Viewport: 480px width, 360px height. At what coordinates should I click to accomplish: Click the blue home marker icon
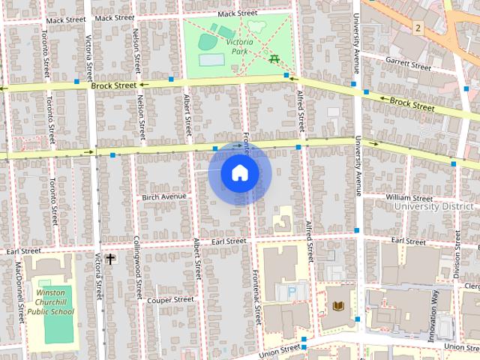pos(239,173)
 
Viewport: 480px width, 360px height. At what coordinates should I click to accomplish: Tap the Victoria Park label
pos(240,46)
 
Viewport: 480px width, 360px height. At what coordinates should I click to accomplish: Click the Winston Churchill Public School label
pos(54,302)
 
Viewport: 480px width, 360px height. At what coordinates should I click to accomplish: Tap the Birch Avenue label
pos(163,197)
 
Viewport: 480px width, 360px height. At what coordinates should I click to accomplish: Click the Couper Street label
pos(170,299)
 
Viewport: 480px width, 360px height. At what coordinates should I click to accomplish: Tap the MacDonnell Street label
pos(19,292)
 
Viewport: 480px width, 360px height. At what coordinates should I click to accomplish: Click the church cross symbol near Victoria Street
pos(110,259)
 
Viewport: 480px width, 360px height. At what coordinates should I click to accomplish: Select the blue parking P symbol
pos(292,290)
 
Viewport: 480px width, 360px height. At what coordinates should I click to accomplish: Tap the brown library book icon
pos(338,306)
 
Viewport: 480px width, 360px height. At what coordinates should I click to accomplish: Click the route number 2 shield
pos(418,28)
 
